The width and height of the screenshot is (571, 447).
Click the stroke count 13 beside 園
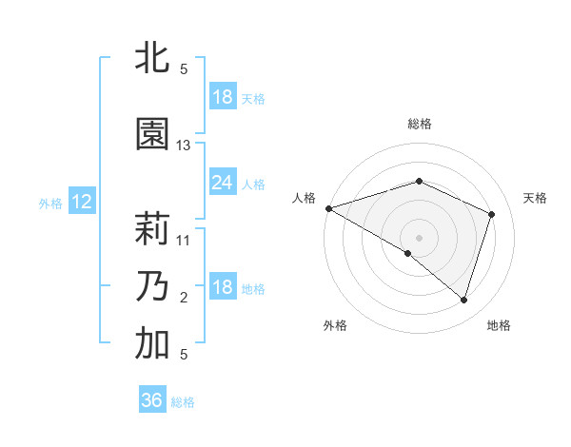coord(184,146)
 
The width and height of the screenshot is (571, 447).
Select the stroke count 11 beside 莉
coord(184,241)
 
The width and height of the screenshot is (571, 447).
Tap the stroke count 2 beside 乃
coord(184,298)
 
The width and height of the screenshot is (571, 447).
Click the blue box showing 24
coord(222,183)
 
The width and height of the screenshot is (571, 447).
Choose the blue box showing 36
coord(152,400)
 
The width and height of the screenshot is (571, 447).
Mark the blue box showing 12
coord(82,202)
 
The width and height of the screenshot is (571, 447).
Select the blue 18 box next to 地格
coord(222,288)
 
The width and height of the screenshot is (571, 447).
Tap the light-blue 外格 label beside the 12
coord(50,203)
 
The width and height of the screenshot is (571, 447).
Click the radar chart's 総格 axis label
coord(419,124)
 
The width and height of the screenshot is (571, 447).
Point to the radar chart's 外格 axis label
coord(335,326)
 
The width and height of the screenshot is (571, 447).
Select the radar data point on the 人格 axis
coord(328,208)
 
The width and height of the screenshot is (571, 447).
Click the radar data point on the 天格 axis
coord(492,214)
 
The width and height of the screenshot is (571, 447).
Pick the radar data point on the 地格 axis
coord(463,300)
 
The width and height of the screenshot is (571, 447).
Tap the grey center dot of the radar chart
coord(419,237)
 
